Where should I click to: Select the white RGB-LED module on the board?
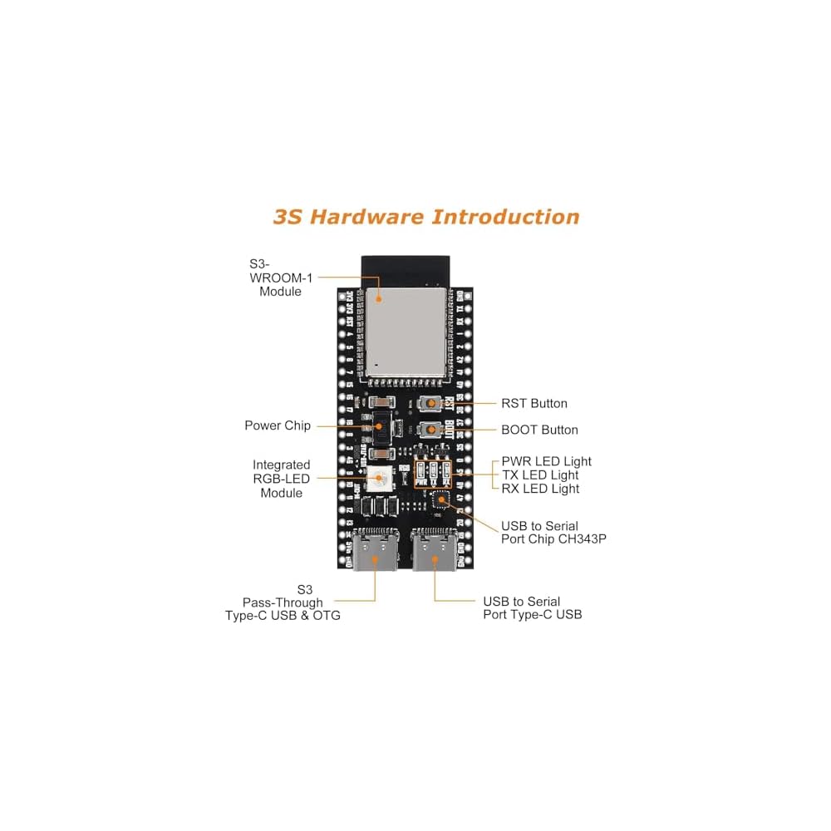coord(378,478)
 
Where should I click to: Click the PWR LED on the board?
coord(422,471)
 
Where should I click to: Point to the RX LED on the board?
coord(446,471)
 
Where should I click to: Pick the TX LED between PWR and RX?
coord(434,471)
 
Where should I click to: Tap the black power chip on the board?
coord(378,425)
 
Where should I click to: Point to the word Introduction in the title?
coord(505,218)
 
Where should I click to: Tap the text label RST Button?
coord(534,404)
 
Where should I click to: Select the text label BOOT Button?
coord(539,430)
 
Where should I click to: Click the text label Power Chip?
coord(278,425)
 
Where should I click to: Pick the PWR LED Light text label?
coord(546,461)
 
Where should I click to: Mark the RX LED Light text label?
coord(541,489)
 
